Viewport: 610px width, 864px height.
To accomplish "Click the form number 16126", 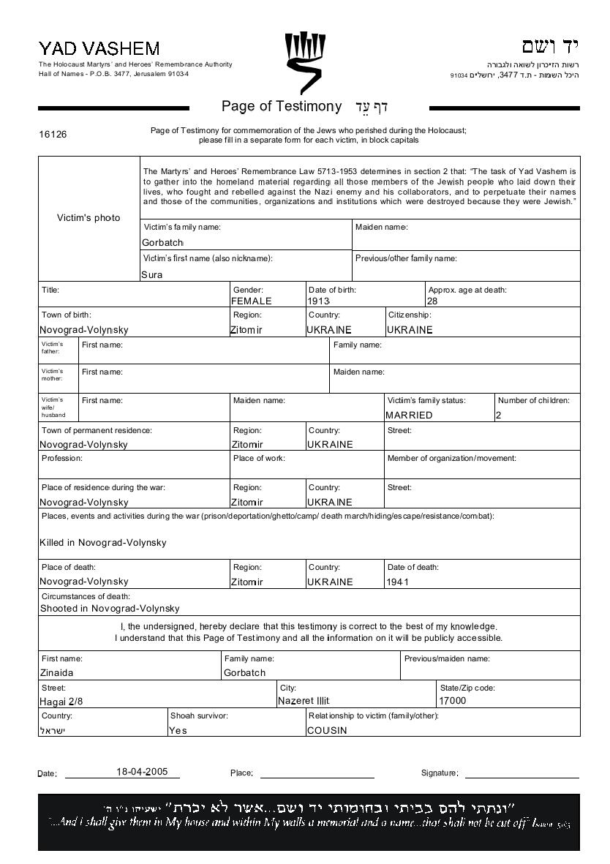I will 53,135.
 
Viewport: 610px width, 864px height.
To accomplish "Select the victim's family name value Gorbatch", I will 162,242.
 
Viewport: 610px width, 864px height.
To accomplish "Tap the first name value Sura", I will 152,275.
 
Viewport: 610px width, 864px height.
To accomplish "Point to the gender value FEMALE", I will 252,301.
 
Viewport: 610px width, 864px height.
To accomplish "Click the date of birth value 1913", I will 320,301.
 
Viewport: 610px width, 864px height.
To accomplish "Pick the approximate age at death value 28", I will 432,301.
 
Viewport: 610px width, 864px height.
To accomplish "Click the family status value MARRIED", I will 409,415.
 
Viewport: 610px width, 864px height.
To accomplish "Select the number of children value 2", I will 499,415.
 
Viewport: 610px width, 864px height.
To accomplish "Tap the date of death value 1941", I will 398,582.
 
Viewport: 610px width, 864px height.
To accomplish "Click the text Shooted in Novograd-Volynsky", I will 110,608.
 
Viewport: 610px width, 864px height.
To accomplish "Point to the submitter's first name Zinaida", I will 56,672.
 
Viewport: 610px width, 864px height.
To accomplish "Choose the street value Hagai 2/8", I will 61,700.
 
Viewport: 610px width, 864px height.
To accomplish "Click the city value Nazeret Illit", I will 304,700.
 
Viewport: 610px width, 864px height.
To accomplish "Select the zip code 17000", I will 452,700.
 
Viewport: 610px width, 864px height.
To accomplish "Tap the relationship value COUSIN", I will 327,730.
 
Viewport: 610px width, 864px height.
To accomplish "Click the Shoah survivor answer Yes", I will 178,730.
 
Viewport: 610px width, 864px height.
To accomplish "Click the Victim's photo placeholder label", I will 89,217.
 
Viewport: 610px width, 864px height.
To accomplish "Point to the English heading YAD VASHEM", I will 99,49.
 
